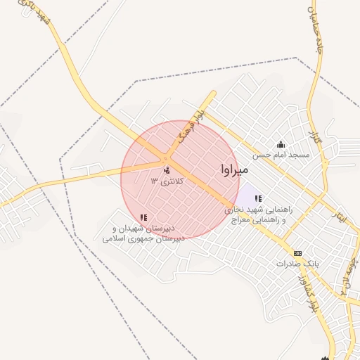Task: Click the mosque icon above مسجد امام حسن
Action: coord(281,143)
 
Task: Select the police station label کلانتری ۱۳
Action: coord(167,181)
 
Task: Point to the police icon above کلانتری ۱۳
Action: coord(167,170)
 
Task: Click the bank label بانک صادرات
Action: coord(297,264)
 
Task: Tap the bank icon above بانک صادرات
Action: coord(297,253)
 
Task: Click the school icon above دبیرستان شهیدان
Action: coord(143,218)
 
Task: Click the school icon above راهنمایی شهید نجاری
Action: coord(258,199)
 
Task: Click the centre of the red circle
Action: coord(180,180)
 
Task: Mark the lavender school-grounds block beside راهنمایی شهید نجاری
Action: coord(245,194)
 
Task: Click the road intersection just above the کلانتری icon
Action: coord(169,158)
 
